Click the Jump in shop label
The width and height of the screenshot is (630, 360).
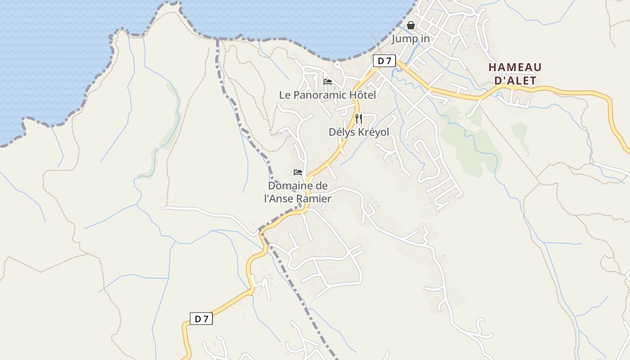(410, 39)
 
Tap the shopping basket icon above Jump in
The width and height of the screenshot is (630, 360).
(411, 25)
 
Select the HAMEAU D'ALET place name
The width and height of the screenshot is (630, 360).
(515, 74)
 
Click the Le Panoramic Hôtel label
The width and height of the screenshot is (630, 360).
(327, 95)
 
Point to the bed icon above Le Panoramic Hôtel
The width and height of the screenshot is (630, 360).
(328, 82)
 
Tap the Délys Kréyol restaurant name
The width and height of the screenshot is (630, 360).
(359, 132)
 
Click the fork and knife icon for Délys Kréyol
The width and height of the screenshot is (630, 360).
(359, 119)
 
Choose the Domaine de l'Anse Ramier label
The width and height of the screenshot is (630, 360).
(297, 192)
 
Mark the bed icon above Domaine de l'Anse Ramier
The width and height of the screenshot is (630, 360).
(297, 172)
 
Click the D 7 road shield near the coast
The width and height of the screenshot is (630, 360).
(384, 61)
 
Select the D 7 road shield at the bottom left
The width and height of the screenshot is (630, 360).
(201, 319)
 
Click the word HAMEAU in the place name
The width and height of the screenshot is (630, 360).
(515, 67)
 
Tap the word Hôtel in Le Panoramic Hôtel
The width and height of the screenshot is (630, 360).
(362, 95)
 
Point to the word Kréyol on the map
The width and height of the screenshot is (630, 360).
(373, 132)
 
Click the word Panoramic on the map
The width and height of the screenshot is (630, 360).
(320, 95)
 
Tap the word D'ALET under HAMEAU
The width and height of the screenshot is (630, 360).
(515, 81)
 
